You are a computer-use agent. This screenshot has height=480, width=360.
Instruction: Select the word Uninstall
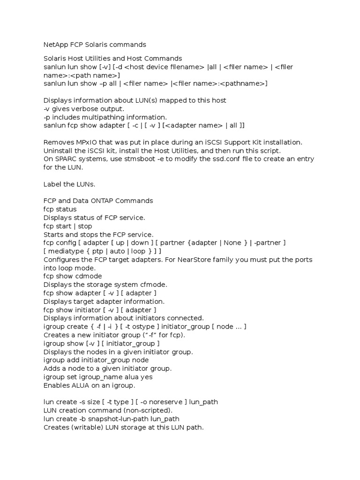[x=58, y=150]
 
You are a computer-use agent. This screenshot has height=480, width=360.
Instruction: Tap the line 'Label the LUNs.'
[x=72, y=184]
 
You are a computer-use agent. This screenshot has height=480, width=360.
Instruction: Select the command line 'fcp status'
[x=60, y=209]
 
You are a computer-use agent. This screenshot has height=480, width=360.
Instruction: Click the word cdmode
[x=91, y=276]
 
